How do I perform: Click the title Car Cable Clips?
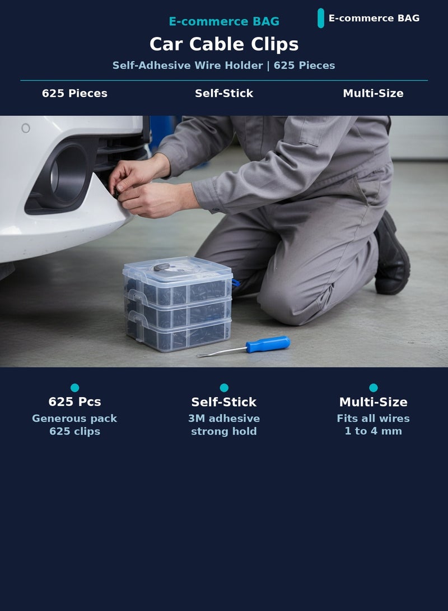[x=224, y=44]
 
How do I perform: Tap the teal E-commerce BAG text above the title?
[x=224, y=21]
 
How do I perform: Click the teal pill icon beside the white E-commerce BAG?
[x=321, y=18]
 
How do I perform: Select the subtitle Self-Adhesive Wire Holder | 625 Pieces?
[x=223, y=66]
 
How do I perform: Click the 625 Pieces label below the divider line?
[x=74, y=94]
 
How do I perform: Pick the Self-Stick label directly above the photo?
[x=224, y=94]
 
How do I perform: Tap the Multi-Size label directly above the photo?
[x=373, y=94]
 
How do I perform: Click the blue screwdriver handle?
[x=268, y=344]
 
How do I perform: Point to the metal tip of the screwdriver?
[x=199, y=356]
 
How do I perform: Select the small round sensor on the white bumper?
[x=26, y=128]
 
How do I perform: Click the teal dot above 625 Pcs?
[x=75, y=388]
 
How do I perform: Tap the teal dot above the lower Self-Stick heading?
[x=224, y=388]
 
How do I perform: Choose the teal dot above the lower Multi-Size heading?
[x=373, y=388]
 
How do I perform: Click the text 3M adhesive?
[x=224, y=418]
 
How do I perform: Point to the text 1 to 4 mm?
[x=373, y=431]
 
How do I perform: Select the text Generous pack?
[x=74, y=419]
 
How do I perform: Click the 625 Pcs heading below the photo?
[x=75, y=402]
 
